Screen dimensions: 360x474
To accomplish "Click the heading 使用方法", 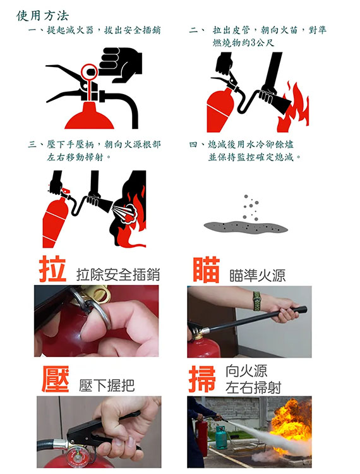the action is tap(43, 16).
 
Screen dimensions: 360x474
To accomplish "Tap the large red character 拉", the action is tap(52, 269).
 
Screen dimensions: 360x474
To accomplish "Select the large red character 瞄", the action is tap(207, 270).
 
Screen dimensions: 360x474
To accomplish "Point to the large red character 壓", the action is tap(56, 379).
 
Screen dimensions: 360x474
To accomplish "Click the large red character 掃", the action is tap(202, 379).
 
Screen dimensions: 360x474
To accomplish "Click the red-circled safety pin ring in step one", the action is tap(90, 71).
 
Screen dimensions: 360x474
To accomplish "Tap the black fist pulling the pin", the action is tap(121, 64).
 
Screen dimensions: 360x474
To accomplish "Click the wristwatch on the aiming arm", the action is tap(257, 301).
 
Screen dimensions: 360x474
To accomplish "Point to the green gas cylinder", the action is tap(221, 437).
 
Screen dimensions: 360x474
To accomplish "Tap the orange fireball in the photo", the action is tap(291, 421).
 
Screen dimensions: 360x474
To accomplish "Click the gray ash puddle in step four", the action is tap(246, 226).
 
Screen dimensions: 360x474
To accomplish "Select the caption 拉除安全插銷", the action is tap(118, 274).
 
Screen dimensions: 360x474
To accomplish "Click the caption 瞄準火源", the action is tap(257, 276).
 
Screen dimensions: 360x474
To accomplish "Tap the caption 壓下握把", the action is tap(107, 385).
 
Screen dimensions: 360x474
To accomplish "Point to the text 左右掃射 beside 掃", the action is tap(253, 387).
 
